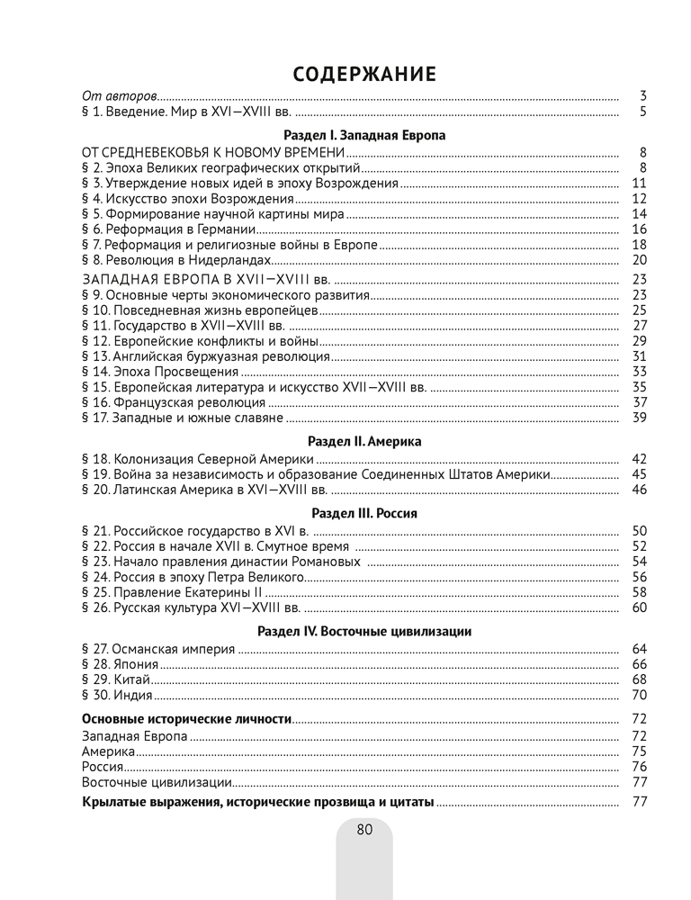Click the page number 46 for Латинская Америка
tap(640, 490)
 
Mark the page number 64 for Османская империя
tap(640, 648)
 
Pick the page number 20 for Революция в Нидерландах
tap(640, 260)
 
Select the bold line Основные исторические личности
tap(186, 719)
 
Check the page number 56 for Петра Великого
tap(640, 577)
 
